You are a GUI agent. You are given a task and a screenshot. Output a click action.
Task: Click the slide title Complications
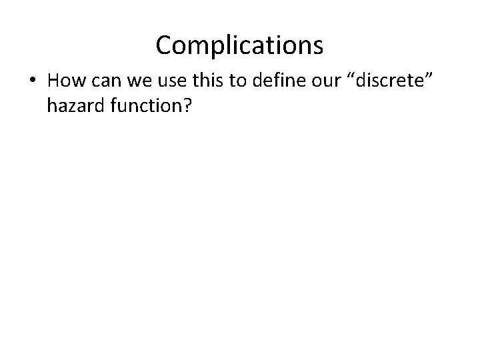click(239, 45)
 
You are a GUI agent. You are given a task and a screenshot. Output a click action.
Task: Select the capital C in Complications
click(164, 45)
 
